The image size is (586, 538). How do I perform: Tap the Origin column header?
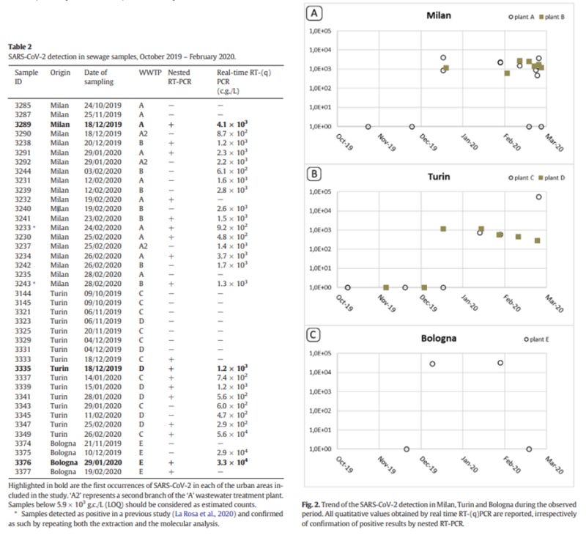coord(60,73)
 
